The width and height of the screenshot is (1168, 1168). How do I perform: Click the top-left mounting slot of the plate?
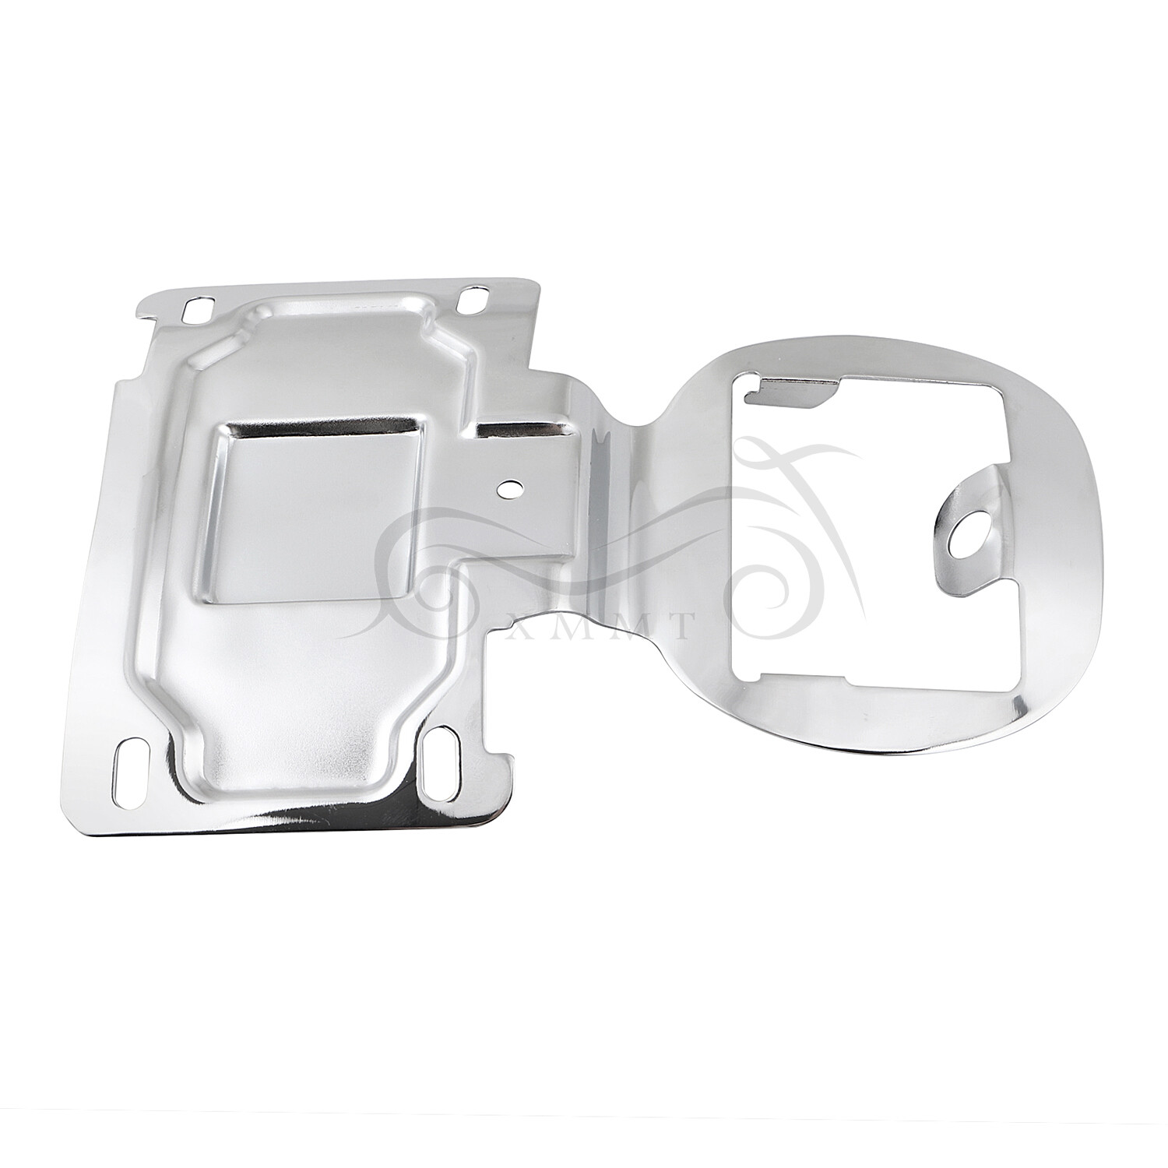(x=192, y=311)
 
